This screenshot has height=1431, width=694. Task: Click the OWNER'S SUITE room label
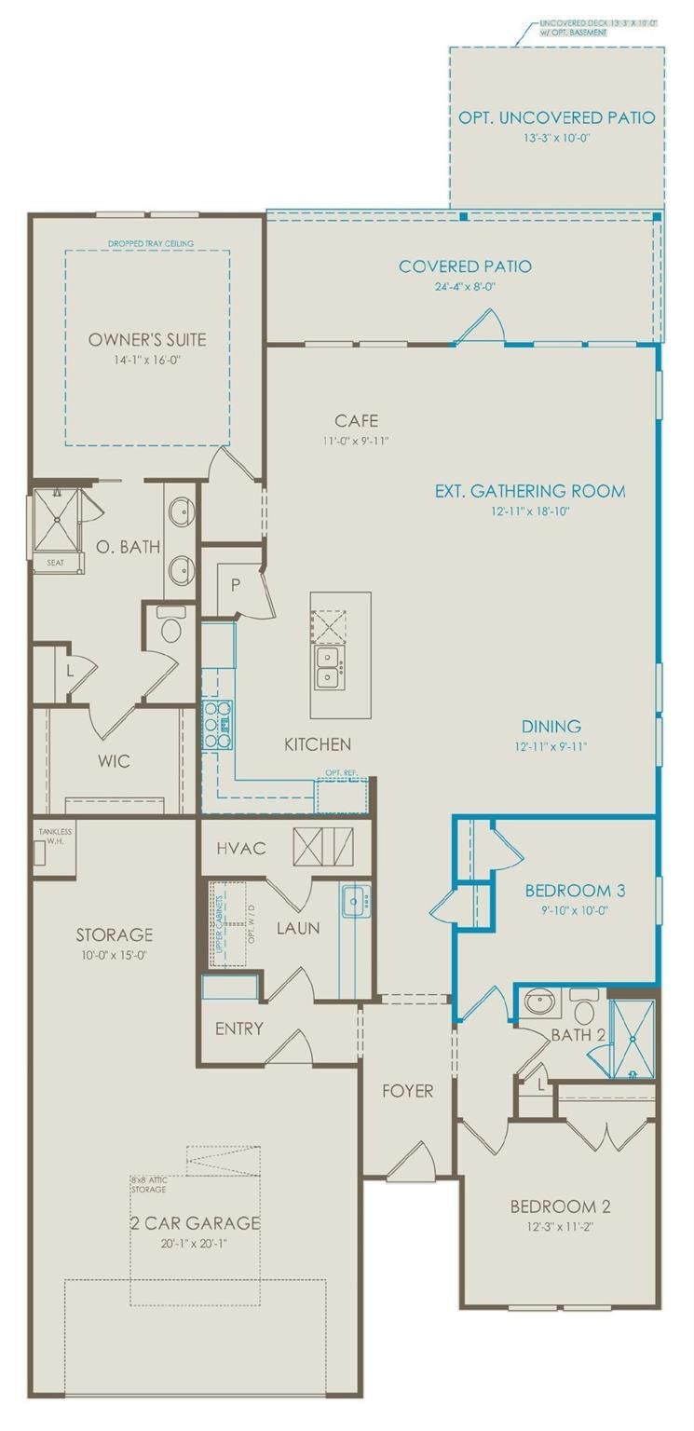[x=147, y=339]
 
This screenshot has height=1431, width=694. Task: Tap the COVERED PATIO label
[x=465, y=266]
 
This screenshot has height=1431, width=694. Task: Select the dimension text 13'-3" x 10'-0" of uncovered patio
[x=557, y=137]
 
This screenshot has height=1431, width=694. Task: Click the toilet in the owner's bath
[x=171, y=630]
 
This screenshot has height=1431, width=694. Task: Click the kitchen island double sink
[x=327, y=667]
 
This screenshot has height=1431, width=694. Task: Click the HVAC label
[x=241, y=848]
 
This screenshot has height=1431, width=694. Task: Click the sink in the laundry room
[x=355, y=901]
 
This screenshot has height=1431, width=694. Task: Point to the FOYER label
[x=407, y=1090]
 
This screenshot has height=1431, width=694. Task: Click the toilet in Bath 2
[x=584, y=1009]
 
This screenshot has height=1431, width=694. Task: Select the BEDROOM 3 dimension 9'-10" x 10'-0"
[x=561, y=911]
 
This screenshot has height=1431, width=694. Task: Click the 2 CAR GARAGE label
[x=195, y=1222]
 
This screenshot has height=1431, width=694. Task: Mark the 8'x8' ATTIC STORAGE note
[x=148, y=1185]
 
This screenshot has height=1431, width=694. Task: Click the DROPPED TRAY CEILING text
[x=150, y=244]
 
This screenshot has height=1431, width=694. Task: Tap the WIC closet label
[x=114, y=761]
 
